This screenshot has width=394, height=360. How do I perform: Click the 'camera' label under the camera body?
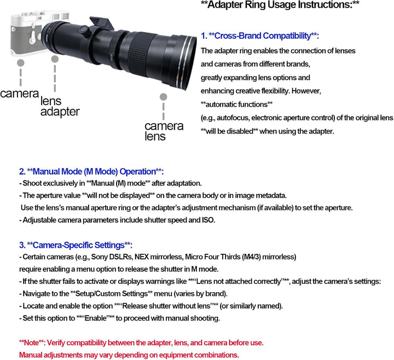point(19,94)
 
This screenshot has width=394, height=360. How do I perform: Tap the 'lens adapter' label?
point(60,107)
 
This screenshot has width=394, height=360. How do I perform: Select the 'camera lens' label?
point(164,131)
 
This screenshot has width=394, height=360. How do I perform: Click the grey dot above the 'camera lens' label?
point(163,97)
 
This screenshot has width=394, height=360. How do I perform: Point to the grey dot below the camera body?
point(21,63)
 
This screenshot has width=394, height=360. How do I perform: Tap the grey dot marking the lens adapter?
point(55,59)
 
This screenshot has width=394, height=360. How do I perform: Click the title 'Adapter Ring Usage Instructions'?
point(280,4)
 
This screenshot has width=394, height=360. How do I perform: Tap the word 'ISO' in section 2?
point(208,220)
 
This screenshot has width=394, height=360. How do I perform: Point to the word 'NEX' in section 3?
point(142,257)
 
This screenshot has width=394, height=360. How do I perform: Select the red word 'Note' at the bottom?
point(31,342)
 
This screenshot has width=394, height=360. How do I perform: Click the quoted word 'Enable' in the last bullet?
point(96,318)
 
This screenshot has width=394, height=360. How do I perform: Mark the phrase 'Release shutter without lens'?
point(166,306)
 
